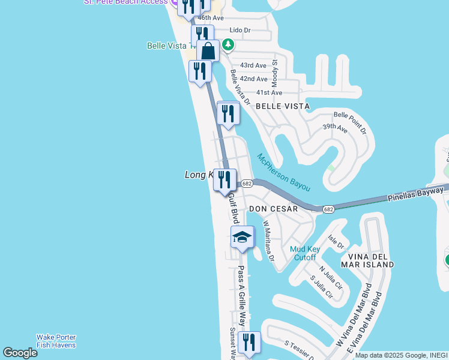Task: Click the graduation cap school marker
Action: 243,238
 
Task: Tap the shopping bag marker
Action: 208,51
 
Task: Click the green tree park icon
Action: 228,44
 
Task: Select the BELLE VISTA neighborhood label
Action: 283,106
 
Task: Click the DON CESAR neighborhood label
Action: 274,209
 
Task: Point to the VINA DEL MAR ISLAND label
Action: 367,260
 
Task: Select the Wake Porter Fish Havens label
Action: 56,341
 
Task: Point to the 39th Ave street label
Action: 335,128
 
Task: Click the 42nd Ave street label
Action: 253,79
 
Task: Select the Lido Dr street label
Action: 240,30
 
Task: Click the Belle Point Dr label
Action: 350,122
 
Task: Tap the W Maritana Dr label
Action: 268,242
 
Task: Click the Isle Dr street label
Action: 337,244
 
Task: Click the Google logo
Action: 20,353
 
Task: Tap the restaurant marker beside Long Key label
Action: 224,181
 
